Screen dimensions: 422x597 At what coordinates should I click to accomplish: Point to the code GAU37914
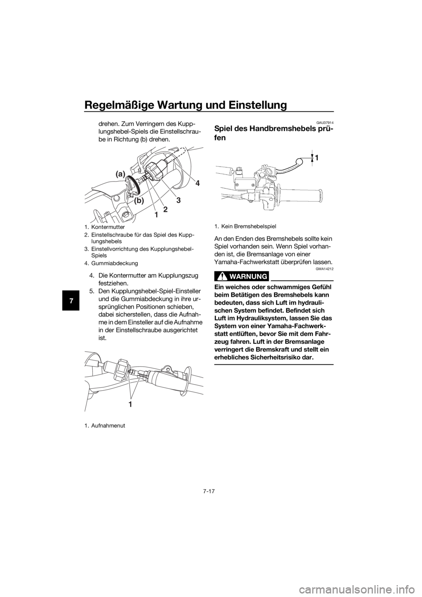click(325, 123)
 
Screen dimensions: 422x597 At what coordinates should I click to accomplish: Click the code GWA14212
click(325, 269)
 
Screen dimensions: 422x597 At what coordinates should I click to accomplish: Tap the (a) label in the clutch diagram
click(120, 174)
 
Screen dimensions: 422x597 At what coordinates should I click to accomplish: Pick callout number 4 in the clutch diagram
click(197, 183)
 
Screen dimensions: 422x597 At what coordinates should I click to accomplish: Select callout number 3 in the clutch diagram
click(178, 200)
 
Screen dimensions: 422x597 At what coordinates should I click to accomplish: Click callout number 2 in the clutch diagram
click(165, 210)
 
